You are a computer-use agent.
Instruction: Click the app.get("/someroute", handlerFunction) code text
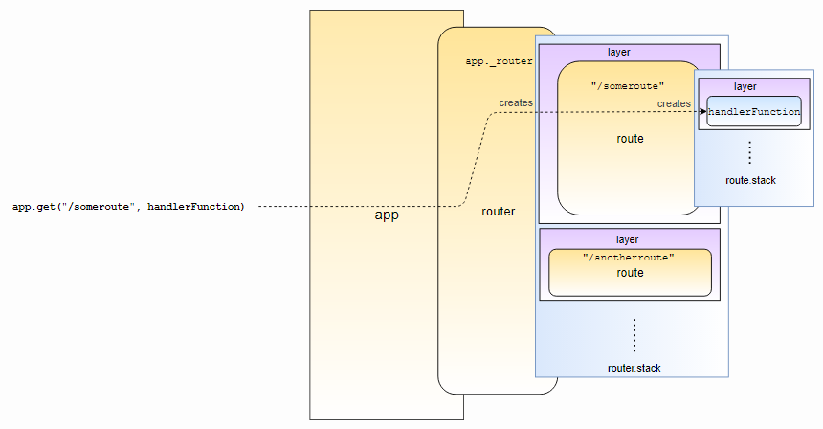coord(128,206)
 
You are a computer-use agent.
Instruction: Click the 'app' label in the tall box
coord(387,215)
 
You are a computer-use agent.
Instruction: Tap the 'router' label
coord(498,211)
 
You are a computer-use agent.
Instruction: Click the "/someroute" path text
coord(629,86)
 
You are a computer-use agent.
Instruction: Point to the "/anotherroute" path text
coord(629,258)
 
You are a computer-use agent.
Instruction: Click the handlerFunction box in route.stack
coord(754,112)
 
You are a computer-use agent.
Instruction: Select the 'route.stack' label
coord(750,179)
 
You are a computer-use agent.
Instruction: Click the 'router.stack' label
coord(634,368)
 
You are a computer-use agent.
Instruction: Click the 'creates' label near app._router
coord(516,102)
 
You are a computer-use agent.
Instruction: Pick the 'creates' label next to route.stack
coord(674,103)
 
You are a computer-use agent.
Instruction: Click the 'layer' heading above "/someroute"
coord(619,52)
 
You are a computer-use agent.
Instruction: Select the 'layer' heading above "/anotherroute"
coord(627,239)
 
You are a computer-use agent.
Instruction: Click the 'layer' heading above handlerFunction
coord(745,86)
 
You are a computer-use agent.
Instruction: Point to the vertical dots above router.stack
coord(634,335)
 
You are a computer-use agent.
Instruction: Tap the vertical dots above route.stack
coord(749,151)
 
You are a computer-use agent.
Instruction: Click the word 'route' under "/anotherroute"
coord(630,273)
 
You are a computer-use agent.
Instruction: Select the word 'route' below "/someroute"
coord(630,139)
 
